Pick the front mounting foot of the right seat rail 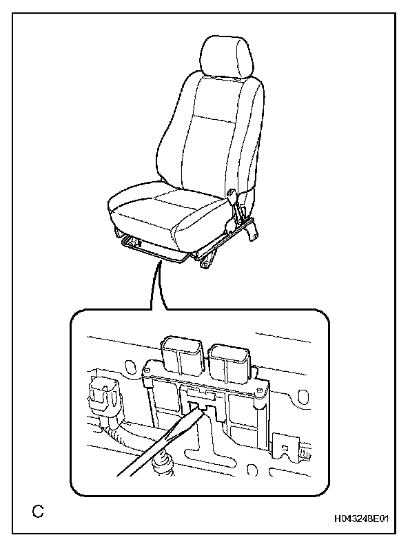(205, 262)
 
